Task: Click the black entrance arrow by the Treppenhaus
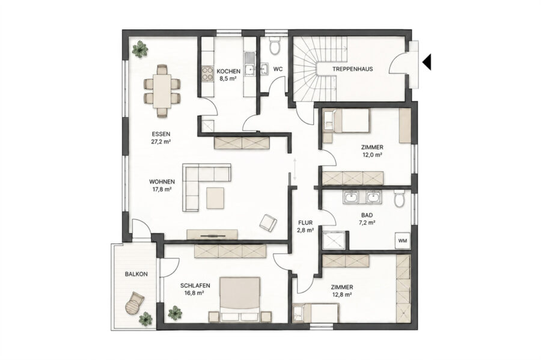point(427,62)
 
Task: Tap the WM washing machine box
point(403,240)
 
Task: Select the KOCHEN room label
point(228,72)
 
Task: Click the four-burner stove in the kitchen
point(207,73)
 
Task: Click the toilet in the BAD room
point(399,198)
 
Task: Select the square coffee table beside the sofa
point(216,197)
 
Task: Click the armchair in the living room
point(268,223)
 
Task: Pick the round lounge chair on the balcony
point(134,303)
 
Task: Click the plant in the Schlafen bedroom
point(175,313)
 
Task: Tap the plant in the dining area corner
point(139,49)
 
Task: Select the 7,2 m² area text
point(367,223)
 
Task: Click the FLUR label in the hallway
point(305,223)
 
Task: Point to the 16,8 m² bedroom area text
point(195,293)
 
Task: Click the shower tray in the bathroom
point(334,240)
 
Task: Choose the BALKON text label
point(136,274)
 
